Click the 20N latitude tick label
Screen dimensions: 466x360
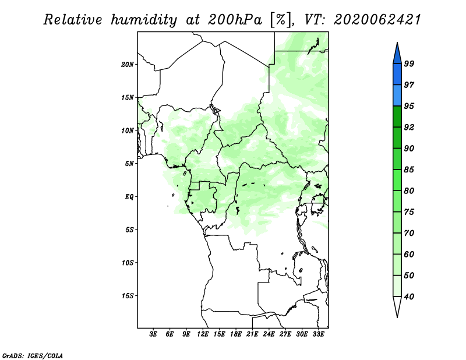coord(128,64)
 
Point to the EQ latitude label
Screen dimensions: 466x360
coord(129,196)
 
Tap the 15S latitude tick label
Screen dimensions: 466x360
coord(128,296)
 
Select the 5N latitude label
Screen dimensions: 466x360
coord(129,164)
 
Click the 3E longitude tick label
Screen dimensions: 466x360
coord(153,334)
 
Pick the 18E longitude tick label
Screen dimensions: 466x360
coord(235,334)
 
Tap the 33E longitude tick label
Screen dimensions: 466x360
coord(318,334)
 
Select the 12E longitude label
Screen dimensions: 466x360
coord(202,334)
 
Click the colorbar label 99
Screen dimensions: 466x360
coord(409,63)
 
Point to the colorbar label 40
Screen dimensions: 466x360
coord(409,297)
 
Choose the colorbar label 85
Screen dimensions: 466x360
coord(409,170)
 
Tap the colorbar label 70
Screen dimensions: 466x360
coord(409,233)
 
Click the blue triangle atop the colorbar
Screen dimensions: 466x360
coord(397,55)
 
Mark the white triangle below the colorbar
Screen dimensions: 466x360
coord(397,306)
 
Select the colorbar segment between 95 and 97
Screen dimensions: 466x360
coord(397,96)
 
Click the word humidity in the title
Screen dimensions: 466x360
coord(144,20)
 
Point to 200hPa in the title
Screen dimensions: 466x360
coord(235,20)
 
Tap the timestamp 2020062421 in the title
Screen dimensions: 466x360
coord(377,20)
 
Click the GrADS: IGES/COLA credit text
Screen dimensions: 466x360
coord(33,355)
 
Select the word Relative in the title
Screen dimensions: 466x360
coord(73,20)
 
